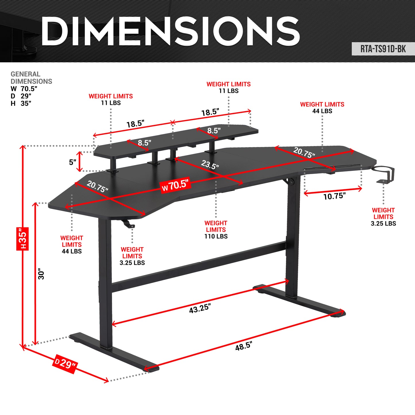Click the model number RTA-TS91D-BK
pyautogui.click(x=383, y=49)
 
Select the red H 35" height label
pyautogui.click(x=22, y=238)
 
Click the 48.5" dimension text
pyautogui.click(x=244, y=346)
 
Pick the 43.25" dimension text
pyautogui.click(x=200, y=309)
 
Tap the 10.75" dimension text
pyautogui.click(x=334, y=196)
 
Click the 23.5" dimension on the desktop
pyautogui.click(x=210, y=165)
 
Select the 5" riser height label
pyautogui.click(x=72, y=162)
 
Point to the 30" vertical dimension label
pyautogui.click(x=41, y=274)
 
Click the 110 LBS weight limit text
pyautogui.click(x=216, y=236)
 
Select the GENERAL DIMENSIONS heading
pyautogui.click(x=31, y=78)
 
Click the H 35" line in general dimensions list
pyautogui.click(x=21, y=103)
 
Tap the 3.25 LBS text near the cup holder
pyautogui.click(x=383, y=223)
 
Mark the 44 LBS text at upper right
pyautogui.click(x=322, y=111)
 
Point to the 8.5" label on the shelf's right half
pyautogui.click(x=214, y=131)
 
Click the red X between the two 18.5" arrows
pyautogui.click(x=173, y=123)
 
